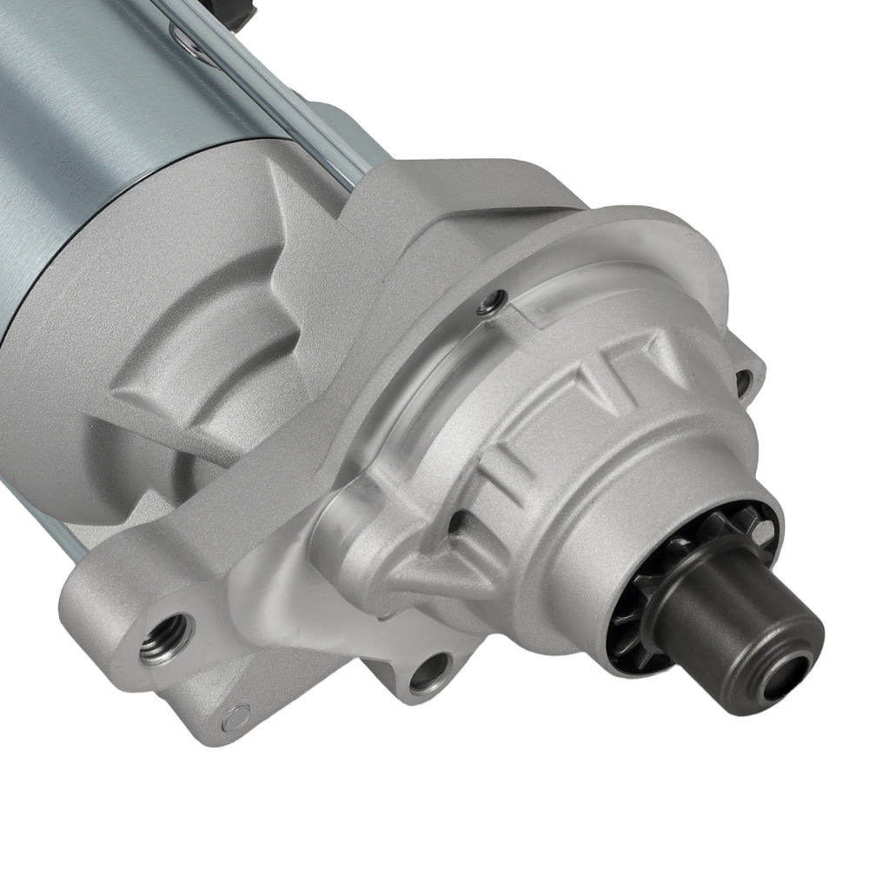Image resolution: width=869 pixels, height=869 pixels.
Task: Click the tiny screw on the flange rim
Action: click(493, 302)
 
